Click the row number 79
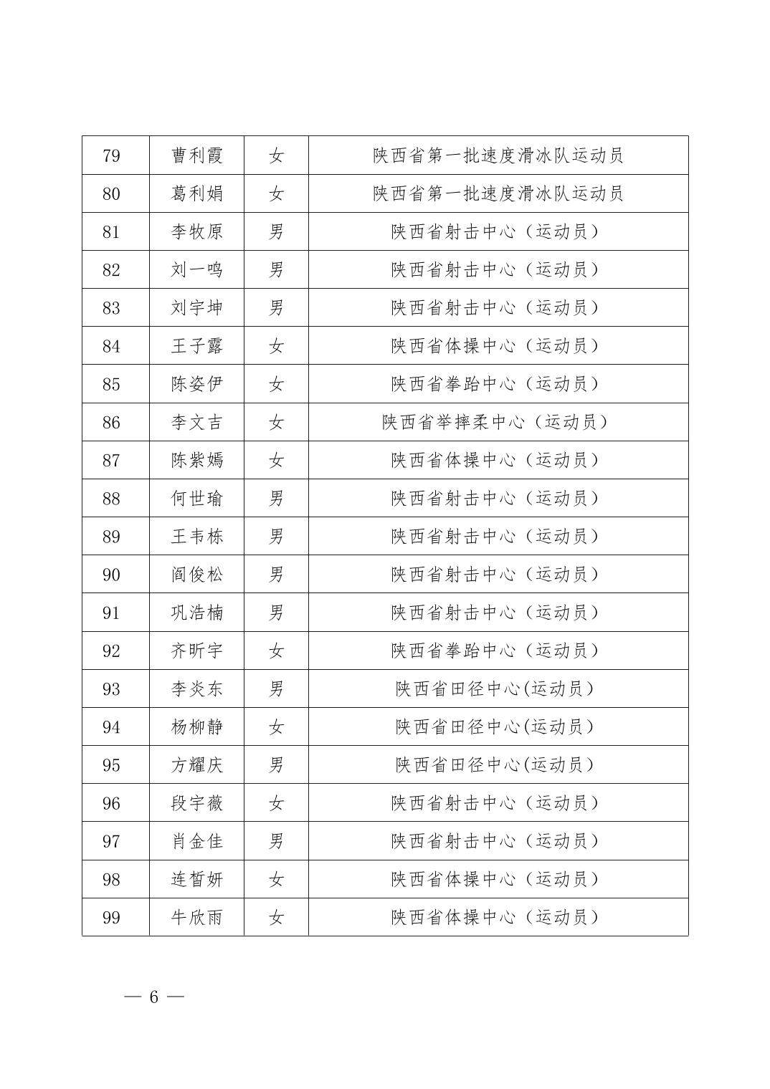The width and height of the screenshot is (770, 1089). tap(111, 155)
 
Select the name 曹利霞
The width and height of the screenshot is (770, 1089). tap(196, 155)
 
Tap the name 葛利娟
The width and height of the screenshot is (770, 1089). tap(196, 193)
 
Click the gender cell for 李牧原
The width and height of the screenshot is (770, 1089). tap(276, 231)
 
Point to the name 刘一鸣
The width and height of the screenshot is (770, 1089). tap(196, 269)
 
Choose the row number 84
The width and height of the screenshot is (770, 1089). tap(111, 346)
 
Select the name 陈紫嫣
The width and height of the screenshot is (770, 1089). tap(196, 460)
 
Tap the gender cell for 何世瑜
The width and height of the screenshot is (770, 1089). tap(276, 498)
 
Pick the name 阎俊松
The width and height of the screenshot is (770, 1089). tap(196, 575)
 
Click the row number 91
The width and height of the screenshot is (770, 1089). tap(111, 613)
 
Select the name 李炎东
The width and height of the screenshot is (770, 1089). tap(196, 689)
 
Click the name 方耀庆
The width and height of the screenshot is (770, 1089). tap(196, 765)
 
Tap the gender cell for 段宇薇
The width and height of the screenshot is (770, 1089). tap(276, 803)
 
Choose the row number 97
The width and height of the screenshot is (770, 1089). tap(111, 841)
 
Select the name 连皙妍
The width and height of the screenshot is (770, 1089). tap(196, 879)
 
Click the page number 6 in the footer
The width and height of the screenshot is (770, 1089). tap(153, 997)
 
